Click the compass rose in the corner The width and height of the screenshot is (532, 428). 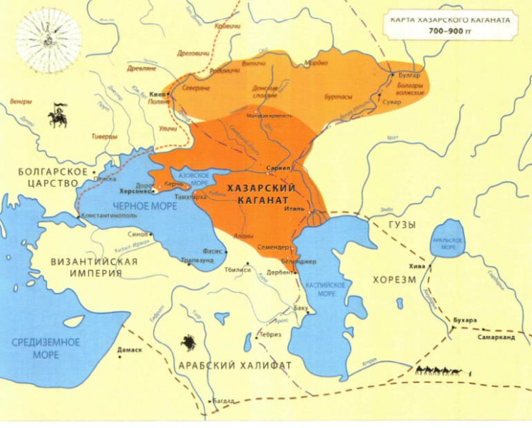click(48, 39)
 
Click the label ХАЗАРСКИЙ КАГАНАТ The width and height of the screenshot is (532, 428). click(262, 191)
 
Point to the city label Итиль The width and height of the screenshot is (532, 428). click(295, 210)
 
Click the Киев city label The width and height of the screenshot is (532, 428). click(157, 93)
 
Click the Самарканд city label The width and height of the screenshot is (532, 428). click(496, 337)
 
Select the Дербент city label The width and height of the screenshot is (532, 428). click(280, 272)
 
